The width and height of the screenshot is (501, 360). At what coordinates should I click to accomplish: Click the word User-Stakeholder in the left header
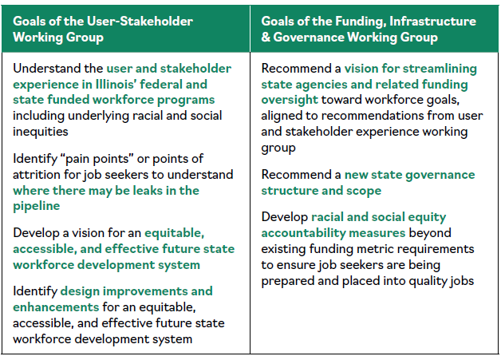tap(140, 21)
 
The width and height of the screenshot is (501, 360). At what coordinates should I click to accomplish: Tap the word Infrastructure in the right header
tap(432, 21)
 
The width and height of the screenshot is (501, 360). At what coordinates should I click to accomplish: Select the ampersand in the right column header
tap(266, 37)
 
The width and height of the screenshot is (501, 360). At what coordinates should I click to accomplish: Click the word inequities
tap(40, 132)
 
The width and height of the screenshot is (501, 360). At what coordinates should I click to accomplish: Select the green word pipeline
tap(36, 206)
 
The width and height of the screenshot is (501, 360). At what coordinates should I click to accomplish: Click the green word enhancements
tap(56, 307)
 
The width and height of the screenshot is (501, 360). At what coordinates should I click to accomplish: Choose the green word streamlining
tap(440, 69)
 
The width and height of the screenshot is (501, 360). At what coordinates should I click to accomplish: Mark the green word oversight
tap(290, 100)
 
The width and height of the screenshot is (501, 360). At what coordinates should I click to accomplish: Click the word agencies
tap(321, 85)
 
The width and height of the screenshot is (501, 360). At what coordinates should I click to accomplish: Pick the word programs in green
tap(186, 100)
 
